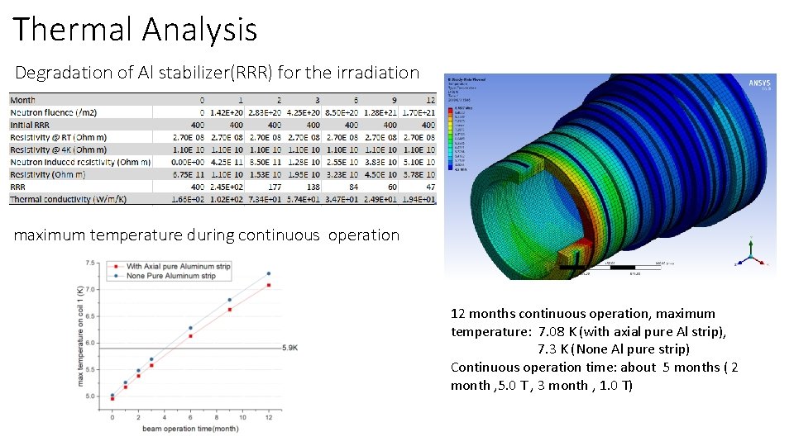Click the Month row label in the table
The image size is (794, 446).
pos(23,100)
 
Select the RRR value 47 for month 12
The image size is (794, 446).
pos(428,187)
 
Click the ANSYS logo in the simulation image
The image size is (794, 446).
pos(759,83)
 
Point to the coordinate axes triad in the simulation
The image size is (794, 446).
pos(749,254)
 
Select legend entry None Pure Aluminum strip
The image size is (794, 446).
pos(170,276)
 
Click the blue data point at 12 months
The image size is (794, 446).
pos(268,273)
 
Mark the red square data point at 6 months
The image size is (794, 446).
pos(190,336)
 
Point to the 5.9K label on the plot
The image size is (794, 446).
pos(290,348)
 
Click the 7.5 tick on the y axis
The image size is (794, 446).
pos(90,263)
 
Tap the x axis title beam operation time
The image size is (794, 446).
pos(190,429)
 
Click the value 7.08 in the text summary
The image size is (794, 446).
pos(553,331)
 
